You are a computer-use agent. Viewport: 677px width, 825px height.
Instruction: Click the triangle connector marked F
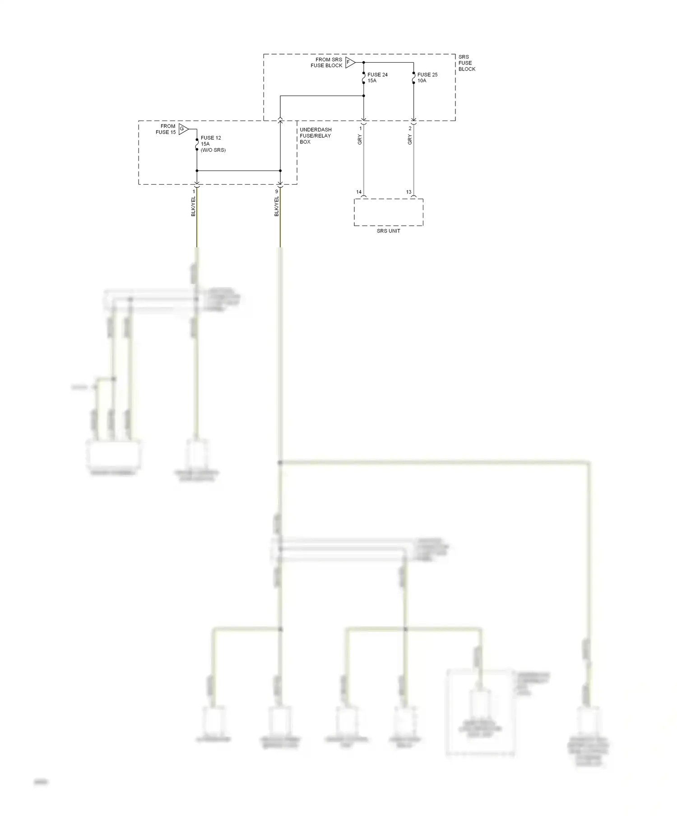[349, 62]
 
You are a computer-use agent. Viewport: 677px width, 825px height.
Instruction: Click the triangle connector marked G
[183, 129]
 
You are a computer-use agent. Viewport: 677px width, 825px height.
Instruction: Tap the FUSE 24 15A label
[377, 78]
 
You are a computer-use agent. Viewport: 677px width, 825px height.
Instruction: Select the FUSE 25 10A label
[427, 78]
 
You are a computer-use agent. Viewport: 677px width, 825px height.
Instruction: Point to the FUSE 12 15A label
[210, 141]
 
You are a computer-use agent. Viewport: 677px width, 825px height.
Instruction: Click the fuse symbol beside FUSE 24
[364, 78]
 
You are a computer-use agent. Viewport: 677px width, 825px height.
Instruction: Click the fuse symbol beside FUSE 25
[413, 78]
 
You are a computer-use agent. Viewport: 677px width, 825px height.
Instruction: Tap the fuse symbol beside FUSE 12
[197, 144]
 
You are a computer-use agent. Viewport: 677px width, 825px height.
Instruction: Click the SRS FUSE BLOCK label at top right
[467, 63]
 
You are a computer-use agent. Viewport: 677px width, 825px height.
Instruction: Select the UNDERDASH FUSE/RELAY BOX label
[315, 136]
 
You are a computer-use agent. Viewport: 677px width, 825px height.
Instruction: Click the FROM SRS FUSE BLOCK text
[327, 62]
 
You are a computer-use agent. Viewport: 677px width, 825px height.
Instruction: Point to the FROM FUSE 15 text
[166, 129]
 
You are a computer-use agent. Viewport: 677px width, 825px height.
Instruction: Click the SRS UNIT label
[388, 231]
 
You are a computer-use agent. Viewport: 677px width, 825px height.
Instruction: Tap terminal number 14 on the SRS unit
[359, 192]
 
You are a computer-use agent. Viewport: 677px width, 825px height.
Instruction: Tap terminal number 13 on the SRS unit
[408, 192]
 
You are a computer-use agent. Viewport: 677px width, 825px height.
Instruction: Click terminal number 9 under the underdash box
[277, 192]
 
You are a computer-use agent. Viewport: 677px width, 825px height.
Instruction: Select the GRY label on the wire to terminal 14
[360, 140]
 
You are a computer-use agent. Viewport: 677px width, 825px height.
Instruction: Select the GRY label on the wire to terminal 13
[410, 140]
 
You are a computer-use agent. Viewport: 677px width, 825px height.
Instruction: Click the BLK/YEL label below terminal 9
[277, 206]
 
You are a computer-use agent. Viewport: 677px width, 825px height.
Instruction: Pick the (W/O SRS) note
[213, 150]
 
